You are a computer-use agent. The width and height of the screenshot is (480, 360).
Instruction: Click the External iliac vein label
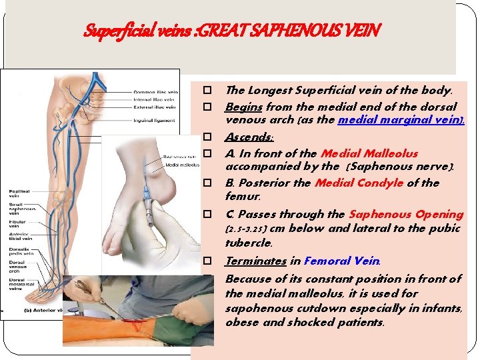pyautogui.click(x=155, y=107)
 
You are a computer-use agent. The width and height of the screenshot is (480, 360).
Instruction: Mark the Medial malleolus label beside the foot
pyautogui.click(x=178, y=164)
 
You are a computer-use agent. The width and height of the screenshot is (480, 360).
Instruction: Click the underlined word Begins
pyautogui.click(x=243, y=107)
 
